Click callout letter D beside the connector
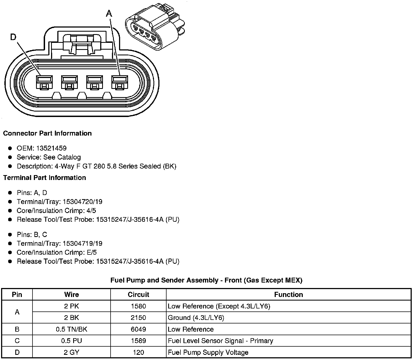(13, 37)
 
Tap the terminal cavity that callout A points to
(120, 82)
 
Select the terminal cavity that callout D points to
(44, 82)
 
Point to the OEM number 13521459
(51, 148)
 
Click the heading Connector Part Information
(47, 133)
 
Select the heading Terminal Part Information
(45, 178)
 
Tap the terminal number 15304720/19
(82, 202)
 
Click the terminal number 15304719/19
(82, 244)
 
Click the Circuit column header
(138, 295)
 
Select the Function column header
(289, 295)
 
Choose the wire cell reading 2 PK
(72, 306)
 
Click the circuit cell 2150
(138, 318)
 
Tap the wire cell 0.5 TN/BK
(72, 329)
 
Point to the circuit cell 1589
(138, 341)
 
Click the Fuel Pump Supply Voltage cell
(208, 353)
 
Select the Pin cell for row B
(17, 329)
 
